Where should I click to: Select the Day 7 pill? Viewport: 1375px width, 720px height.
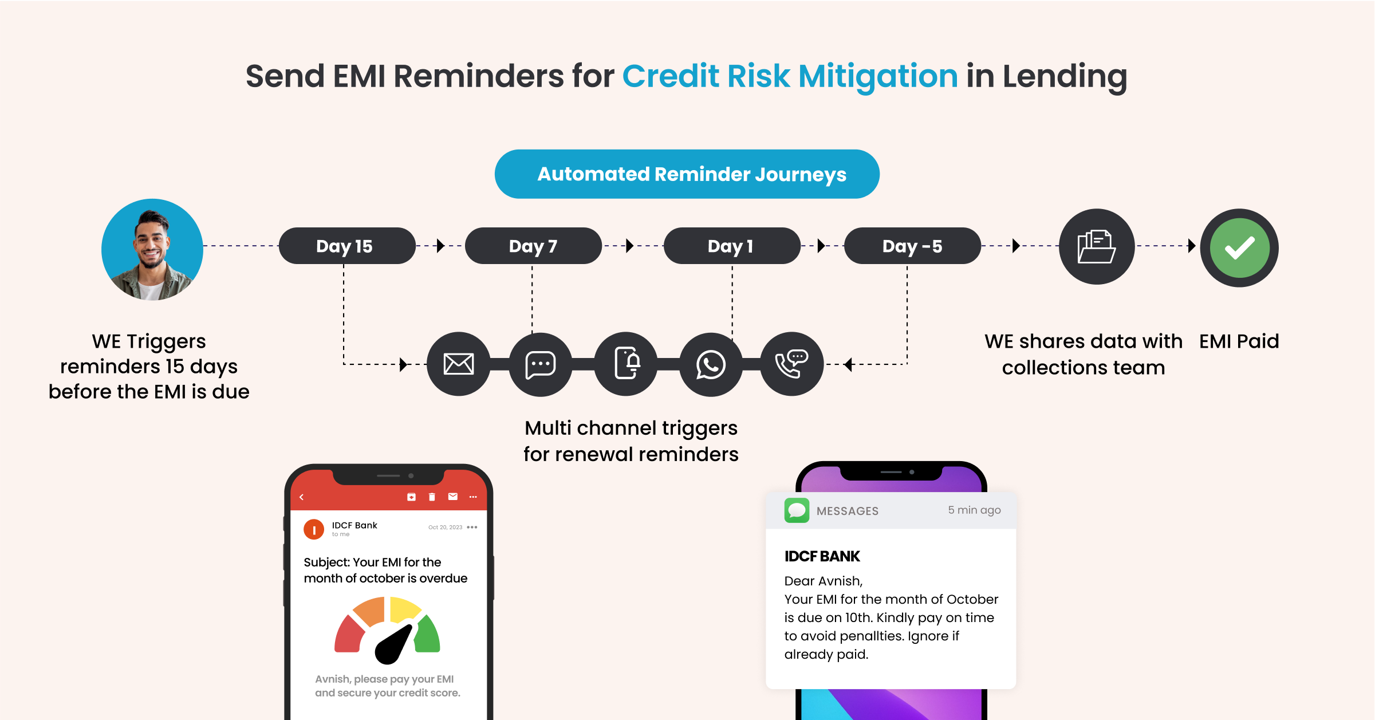click(533, 246)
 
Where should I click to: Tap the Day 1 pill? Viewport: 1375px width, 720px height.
click(731, 246)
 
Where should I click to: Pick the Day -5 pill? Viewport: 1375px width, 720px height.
click(912, 246)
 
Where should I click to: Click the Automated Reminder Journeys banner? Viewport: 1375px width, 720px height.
click(687, 174)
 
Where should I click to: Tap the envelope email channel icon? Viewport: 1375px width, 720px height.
click(459, 364)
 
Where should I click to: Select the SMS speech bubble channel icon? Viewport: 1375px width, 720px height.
click(540, 364)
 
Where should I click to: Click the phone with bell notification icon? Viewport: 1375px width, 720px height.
click(626, 364)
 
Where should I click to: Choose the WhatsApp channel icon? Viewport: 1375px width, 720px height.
click(711, 364)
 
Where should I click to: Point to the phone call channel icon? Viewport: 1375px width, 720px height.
click(791, 364)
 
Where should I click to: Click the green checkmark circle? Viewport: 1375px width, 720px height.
click(1239, 247)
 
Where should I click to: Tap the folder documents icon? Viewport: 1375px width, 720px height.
click(1096, 246)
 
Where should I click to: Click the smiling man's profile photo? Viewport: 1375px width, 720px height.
click(152, 249)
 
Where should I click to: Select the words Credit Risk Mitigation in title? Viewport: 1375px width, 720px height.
click(790, 76)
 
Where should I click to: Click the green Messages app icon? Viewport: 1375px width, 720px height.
click(797, 510)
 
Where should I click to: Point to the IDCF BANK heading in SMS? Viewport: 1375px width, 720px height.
click(822, 556)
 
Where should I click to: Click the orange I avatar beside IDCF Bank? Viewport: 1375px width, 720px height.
click(314, 529)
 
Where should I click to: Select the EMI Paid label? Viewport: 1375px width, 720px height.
click(1239, 341)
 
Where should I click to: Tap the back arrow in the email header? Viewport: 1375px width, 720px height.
click(302, 497)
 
